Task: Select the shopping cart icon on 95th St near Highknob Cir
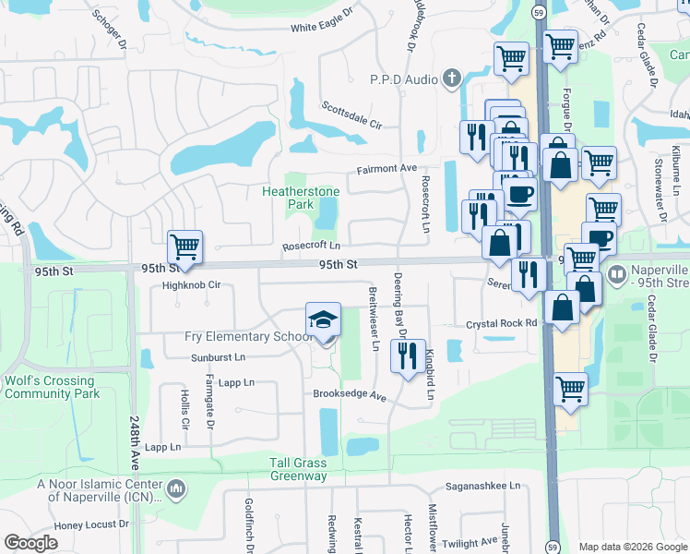coord(184,247)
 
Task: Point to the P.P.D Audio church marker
coord(452,78)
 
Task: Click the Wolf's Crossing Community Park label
coord(49,387)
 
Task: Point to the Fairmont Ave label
coord(387,169)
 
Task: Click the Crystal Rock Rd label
coord(501,324)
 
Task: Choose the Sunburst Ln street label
coord(219,356)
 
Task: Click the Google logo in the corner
coord(30,543)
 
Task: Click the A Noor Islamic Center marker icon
coord(175,488)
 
